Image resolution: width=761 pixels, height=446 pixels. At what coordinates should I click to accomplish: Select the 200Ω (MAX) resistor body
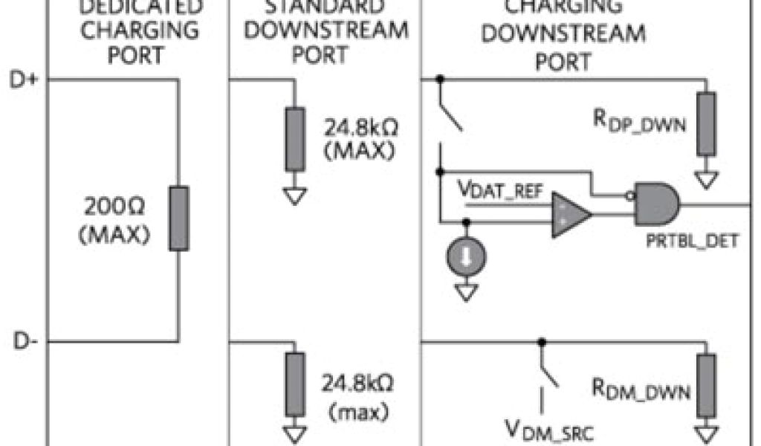pos(178,219)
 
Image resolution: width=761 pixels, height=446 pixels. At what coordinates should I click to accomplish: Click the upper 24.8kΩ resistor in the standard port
pos(295,139)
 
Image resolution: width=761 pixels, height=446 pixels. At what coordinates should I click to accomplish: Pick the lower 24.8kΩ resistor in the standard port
pos(295,384)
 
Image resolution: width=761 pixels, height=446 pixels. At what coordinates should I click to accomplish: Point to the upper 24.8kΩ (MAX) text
pos(360,138)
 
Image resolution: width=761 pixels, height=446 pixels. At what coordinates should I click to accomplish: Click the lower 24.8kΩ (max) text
pos(360,397)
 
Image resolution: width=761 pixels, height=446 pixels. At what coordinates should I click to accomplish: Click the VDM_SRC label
pos(548,430)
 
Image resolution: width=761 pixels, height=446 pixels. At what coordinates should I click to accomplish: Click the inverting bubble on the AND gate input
pos(629,196)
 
